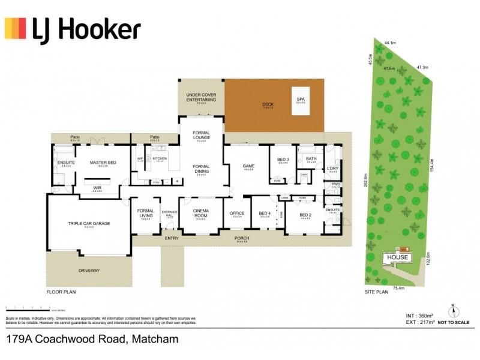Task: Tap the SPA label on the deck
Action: (x=300, y=99)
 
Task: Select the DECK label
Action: (x=268, y=104)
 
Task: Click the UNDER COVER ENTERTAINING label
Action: (x=200, y=97)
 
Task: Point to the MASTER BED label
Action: (x=103, y=163)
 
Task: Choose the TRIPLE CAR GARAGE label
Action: (x=89, y=223)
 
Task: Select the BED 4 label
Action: (x=265, y=212)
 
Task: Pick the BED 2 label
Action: (x=305, y=214)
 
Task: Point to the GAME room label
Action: (x=249, y=166)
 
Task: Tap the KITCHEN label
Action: (x=159, y=158)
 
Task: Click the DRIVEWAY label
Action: (x=89, y=271)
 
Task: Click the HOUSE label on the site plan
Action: (x=397, y=257)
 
